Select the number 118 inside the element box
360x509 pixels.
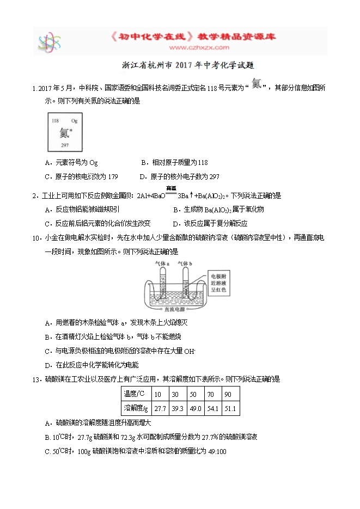[55, 120]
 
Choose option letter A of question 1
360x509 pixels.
[49, 162]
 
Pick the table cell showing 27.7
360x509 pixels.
[160, 408]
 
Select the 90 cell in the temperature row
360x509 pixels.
[228, 394]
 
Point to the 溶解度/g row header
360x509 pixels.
[136, 408]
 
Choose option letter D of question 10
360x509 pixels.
[48, 365]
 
